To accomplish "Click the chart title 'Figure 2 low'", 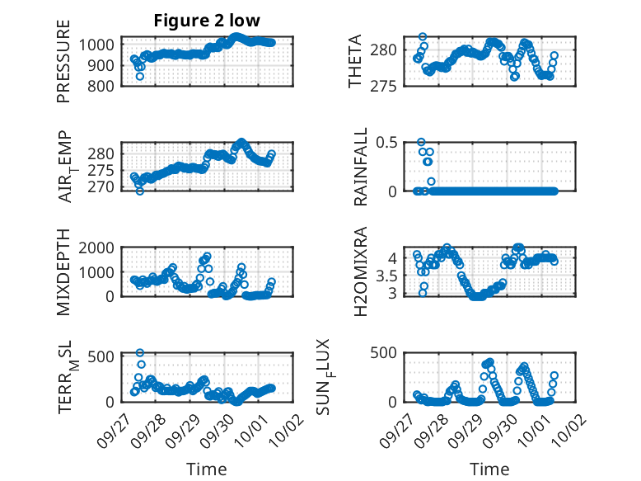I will click(x=206, y=21).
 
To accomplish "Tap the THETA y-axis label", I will click(x=355, y=61).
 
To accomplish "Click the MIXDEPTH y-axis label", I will click(x=63, y=273).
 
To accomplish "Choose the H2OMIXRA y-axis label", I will click(x=360, y=271).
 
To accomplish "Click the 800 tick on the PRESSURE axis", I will click(x=103, y=86).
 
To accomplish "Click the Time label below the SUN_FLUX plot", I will click(x=489, y=469).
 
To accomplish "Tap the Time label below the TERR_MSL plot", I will click(x=206, y=469).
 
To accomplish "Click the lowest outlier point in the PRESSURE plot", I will click(x=140, y=76).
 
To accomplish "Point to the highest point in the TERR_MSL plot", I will click(x=140, y=353).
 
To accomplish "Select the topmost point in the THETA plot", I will click(x=423, y=37).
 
